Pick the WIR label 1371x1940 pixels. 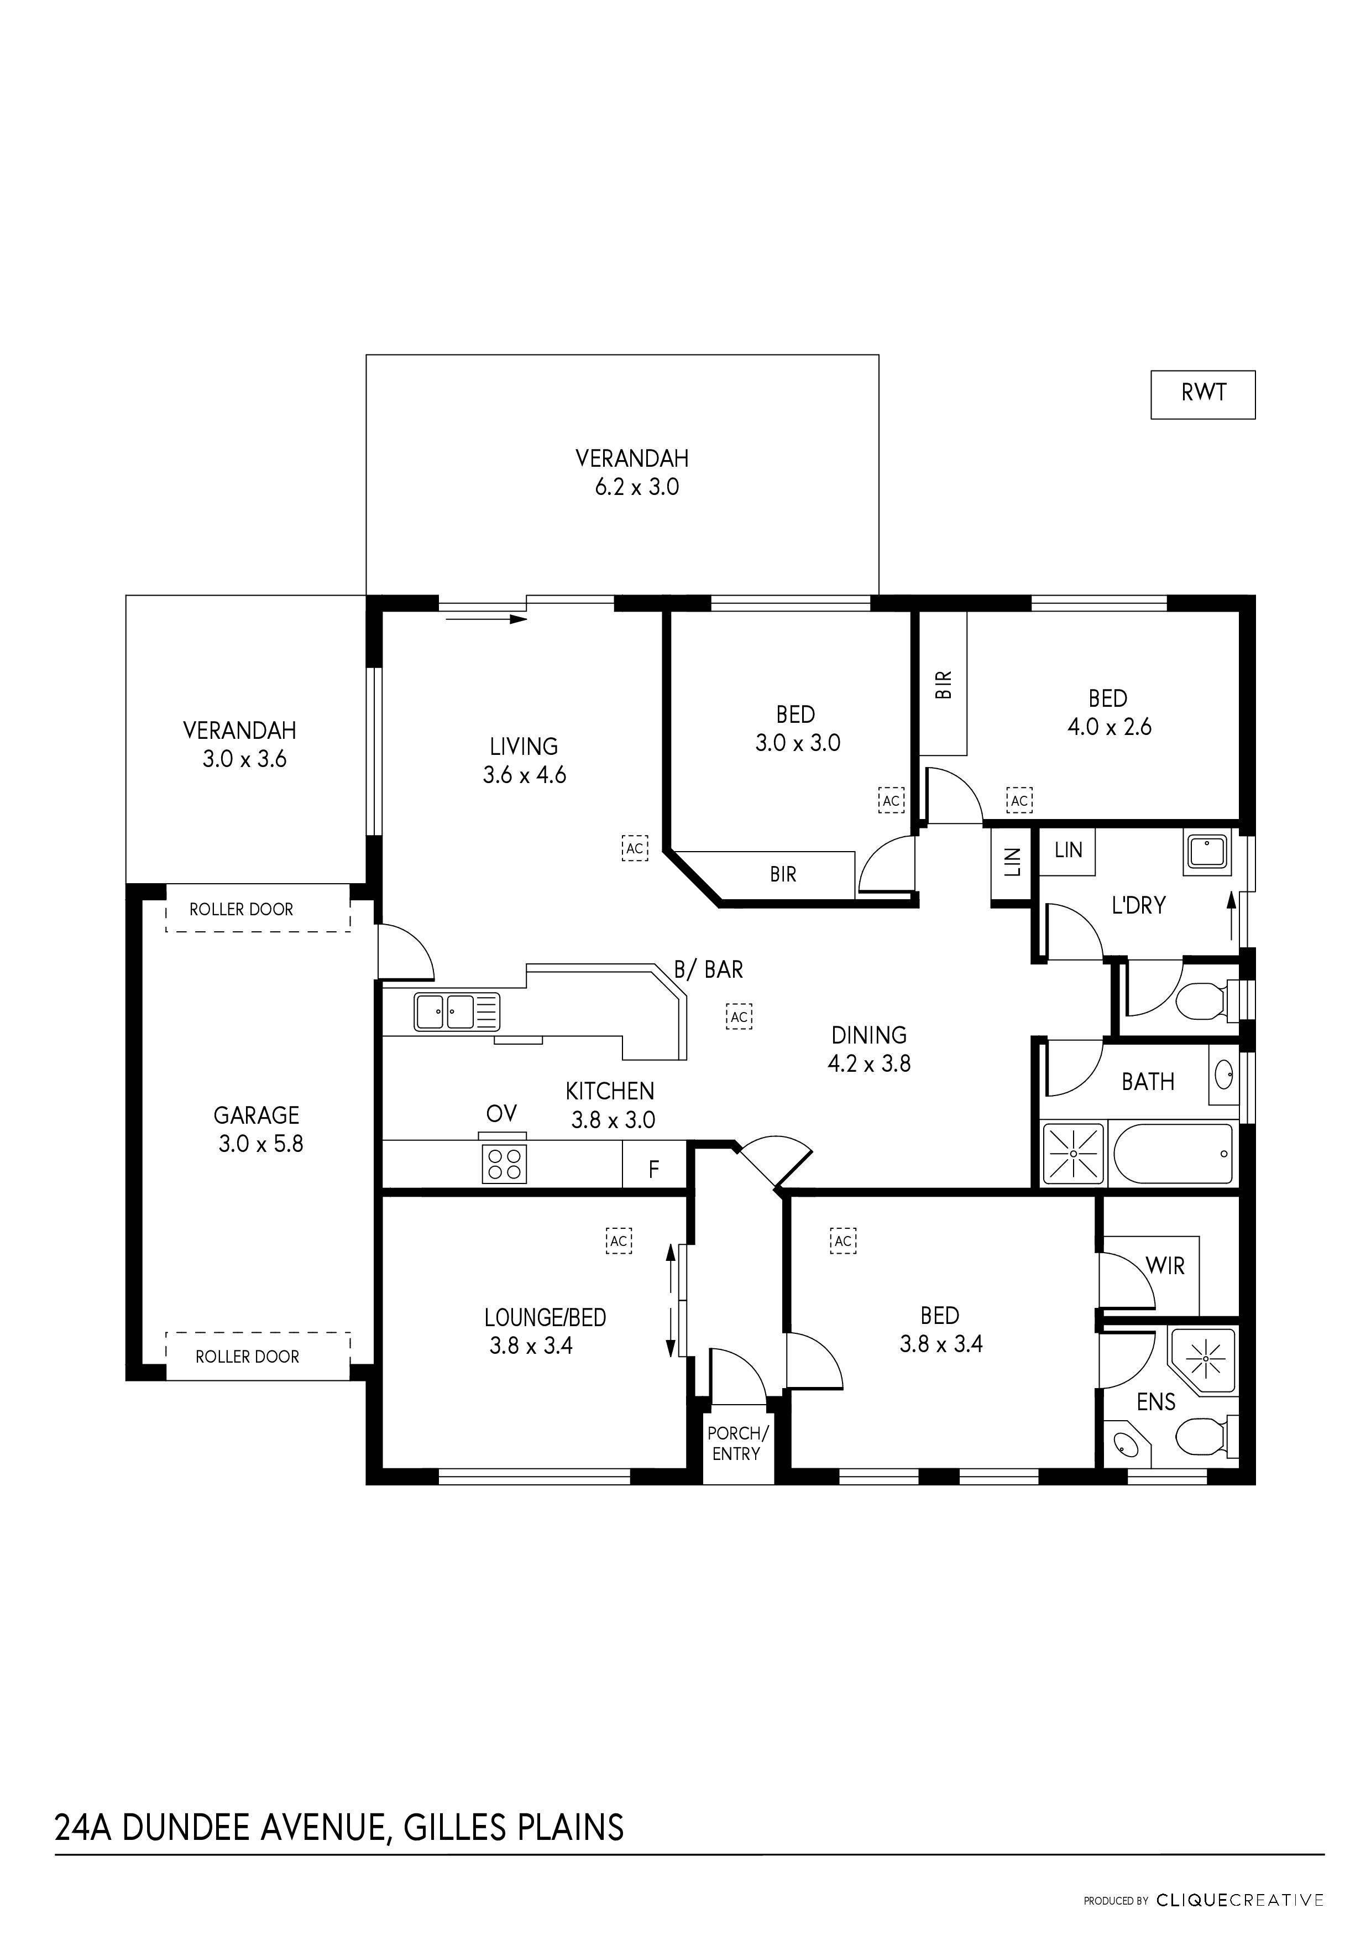click(x=1165, y=1266)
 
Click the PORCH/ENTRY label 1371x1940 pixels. click(x=737, y=1443)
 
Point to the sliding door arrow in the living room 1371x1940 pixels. click(x=486, y=619)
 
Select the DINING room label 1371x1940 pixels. click(x=868, y=1035)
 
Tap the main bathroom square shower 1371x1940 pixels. click(x=1074, y=1154)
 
